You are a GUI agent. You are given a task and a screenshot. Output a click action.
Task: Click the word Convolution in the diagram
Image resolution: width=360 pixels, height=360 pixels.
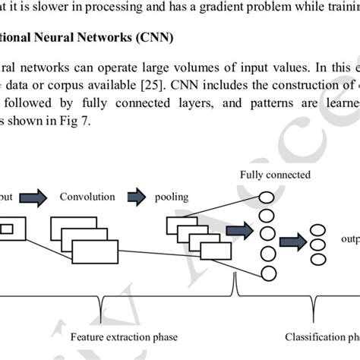coord(87,197)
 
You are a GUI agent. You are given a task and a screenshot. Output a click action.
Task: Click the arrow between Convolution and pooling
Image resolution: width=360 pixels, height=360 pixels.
coord(137,197)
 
